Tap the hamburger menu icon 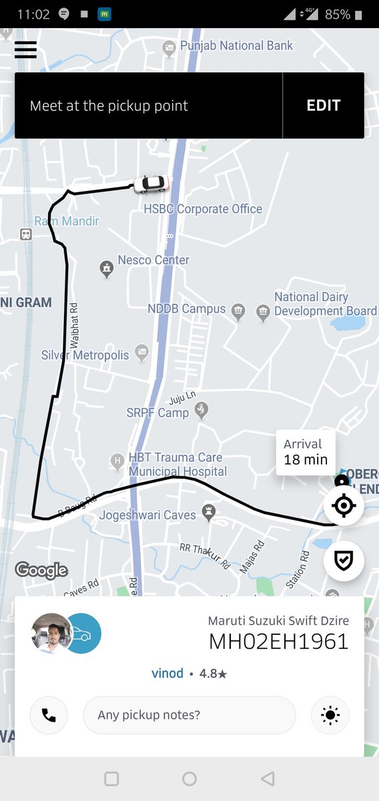25,50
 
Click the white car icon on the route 151,184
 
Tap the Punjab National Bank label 236,46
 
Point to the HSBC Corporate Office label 203,209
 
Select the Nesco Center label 153,260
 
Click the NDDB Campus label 186,309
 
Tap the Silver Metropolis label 85,355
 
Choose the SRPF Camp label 157,413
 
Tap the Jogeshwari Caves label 147,515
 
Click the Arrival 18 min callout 306,452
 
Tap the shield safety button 344,561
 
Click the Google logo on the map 41,569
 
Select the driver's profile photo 51,633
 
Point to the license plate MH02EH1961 279,641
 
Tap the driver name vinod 167,673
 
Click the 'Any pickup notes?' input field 189,715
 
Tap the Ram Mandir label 67,221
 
